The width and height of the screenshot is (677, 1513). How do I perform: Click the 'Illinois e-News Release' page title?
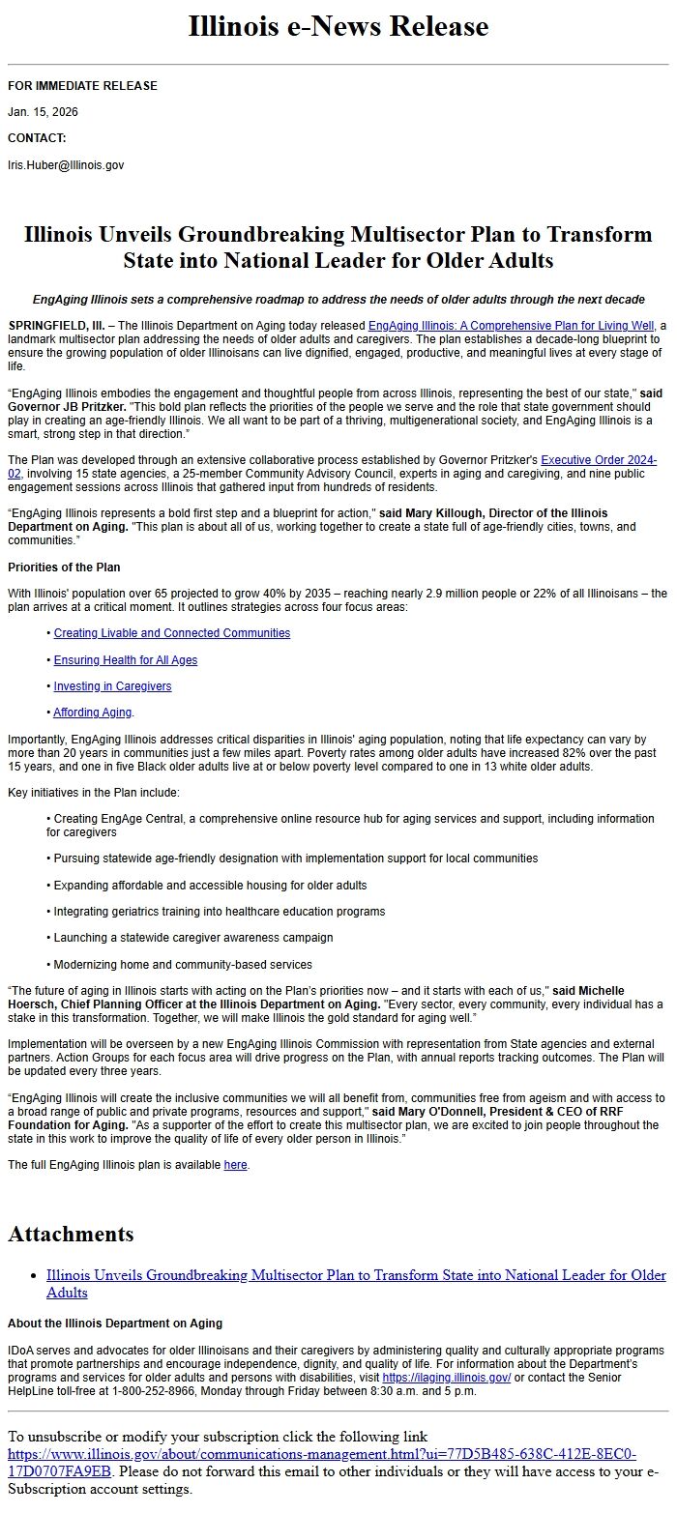pos(338,26)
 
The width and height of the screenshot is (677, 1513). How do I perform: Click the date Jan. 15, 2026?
pos(43,112)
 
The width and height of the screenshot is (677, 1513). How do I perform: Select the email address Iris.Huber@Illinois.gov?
pos(66,165)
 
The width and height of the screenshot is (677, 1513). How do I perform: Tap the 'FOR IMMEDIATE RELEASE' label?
pos(82,86)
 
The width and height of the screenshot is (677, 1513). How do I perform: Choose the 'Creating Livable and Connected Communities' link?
pos(171,633)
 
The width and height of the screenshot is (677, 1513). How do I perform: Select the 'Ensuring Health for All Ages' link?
pos(125,660)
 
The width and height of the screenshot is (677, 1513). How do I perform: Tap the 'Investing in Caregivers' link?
pos(112,686)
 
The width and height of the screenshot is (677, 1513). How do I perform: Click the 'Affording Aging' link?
pos(93,713)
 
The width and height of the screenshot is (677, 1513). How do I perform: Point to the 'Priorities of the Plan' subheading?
pos(64,567)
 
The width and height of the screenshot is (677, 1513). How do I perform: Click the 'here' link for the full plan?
pos(235,1165)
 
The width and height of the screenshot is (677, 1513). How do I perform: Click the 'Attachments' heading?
pos(71,1235)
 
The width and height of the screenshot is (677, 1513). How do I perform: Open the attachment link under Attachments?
pos(355,1276)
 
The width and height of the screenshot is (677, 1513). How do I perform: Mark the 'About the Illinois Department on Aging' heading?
pos(114,1323)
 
